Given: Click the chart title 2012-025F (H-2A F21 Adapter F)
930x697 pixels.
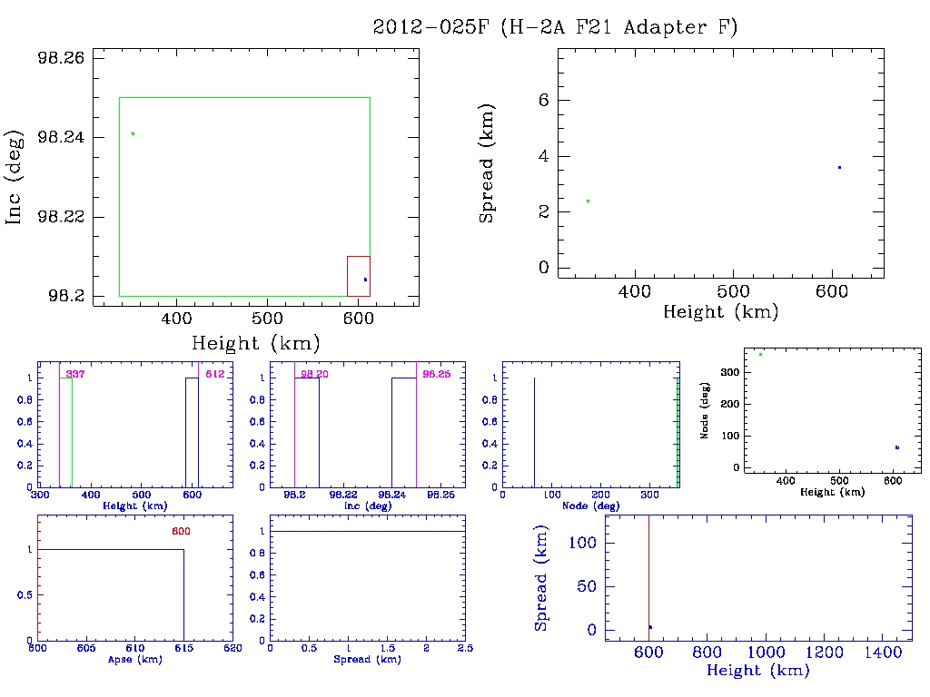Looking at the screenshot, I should [x=555, y=27].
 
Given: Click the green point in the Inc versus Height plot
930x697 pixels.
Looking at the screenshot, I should [x=133, y=133].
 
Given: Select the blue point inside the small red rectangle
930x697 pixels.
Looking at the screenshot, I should [x=365, y=280].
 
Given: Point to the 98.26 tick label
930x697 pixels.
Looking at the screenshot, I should [x=60, y=57].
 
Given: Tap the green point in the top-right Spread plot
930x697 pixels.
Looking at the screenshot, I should [x=589, y=201].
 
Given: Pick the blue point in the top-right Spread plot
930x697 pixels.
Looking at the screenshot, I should [x=839, y=167].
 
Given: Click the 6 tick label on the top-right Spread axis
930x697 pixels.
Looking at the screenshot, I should [x=544, y=100].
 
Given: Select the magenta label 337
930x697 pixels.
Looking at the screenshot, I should [x=74, y=374].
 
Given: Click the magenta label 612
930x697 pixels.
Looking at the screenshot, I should [x=214, y=374].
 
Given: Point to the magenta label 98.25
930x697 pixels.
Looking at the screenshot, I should [x=437, y=374].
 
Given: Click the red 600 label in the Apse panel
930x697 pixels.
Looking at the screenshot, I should [x=181, y=531].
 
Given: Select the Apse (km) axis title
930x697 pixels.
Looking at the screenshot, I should [x=134, y=659].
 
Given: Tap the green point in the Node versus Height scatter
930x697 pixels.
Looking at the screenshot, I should [x=760, y=354].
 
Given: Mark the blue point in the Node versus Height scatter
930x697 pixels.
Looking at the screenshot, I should [x=896, y=447].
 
